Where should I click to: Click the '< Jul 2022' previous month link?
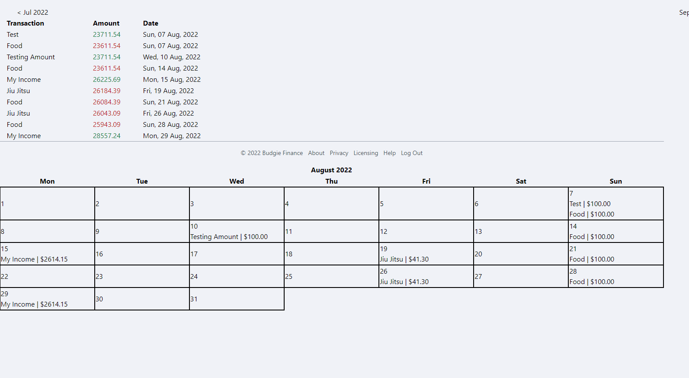coord(33,13)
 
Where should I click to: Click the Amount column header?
coord(106,23)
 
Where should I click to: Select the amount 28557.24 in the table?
coord(106,136)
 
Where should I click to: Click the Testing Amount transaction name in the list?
coord(31,57)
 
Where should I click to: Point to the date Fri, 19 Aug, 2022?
coord(168,91)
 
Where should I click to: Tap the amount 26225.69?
coord(106,80)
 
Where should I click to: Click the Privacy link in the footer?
coord(339,153)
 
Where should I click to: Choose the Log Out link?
coord(411,153)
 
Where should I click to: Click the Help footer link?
coord(389,153)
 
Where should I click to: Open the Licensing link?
coord(365,153)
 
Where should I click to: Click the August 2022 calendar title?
coord(331,170)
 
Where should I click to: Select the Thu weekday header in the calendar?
coord(331,181)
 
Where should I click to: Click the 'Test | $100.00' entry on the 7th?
coord(590,204)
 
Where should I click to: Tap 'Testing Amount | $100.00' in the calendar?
coord(229,237)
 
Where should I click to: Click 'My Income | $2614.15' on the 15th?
coord(34,259)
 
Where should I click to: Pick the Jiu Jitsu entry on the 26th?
coord(404,282)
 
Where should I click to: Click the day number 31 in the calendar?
coord(194,299)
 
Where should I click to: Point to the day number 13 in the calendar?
coord(478,232)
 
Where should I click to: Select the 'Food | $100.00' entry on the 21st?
coord(592,259)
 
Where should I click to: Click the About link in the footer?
coord(316,153)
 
